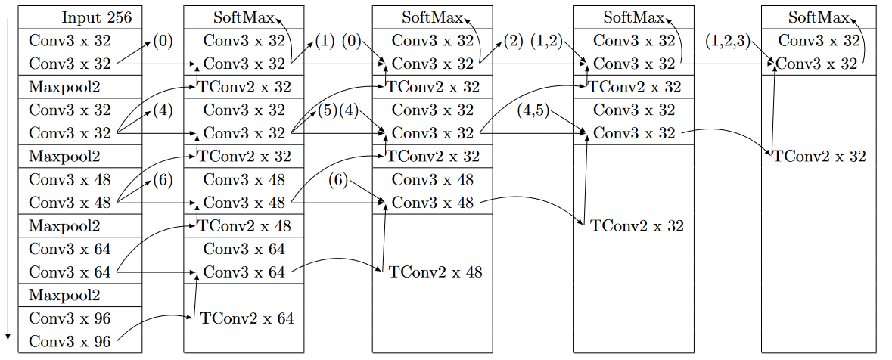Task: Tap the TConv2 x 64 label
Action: [x=247, y=318]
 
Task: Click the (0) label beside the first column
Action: [x=163, y=41]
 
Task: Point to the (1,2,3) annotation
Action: [x=727, y=41]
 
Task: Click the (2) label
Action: [x=513, y=41]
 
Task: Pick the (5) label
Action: [x=327, y=110]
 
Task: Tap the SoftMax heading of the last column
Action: [x=818, y=17]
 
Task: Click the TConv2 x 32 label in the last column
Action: [x=819, y=157]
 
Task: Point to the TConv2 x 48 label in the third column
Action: [x=435, y=272]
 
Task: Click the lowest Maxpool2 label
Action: [x=64, y=294]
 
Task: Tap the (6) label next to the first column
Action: [x=163, y=179]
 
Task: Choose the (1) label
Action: [x=325, y=41]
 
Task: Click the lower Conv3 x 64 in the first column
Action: [x=69, y=272]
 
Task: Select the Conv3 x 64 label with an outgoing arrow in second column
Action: [x=244, y=272]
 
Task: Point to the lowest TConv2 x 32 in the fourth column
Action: [x=637, y=225]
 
